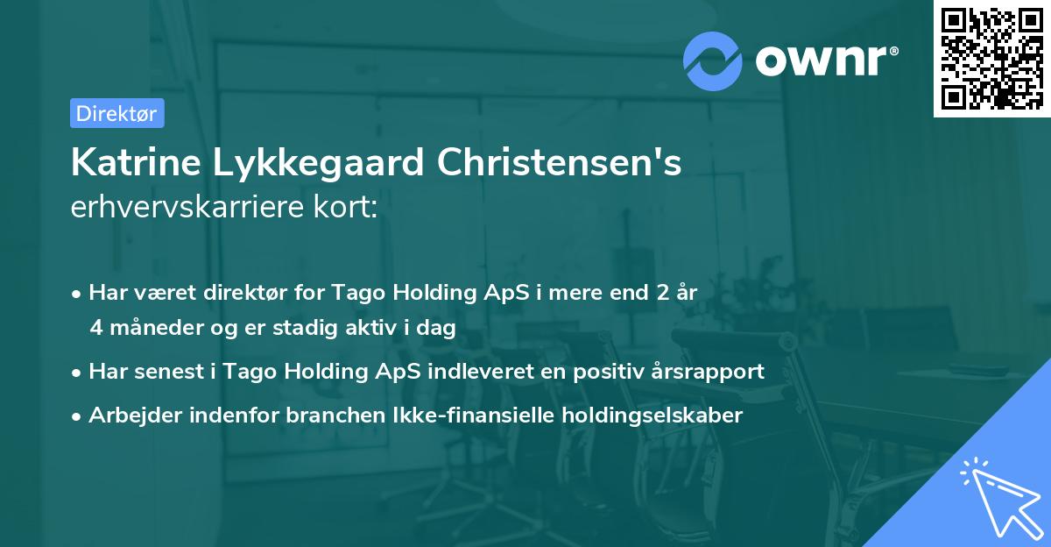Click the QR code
click(991, 59)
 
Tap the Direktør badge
click(116, 113)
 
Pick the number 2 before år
click(651, 293)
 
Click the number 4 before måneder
click(95, 328)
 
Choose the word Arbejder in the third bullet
click(128, 416)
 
